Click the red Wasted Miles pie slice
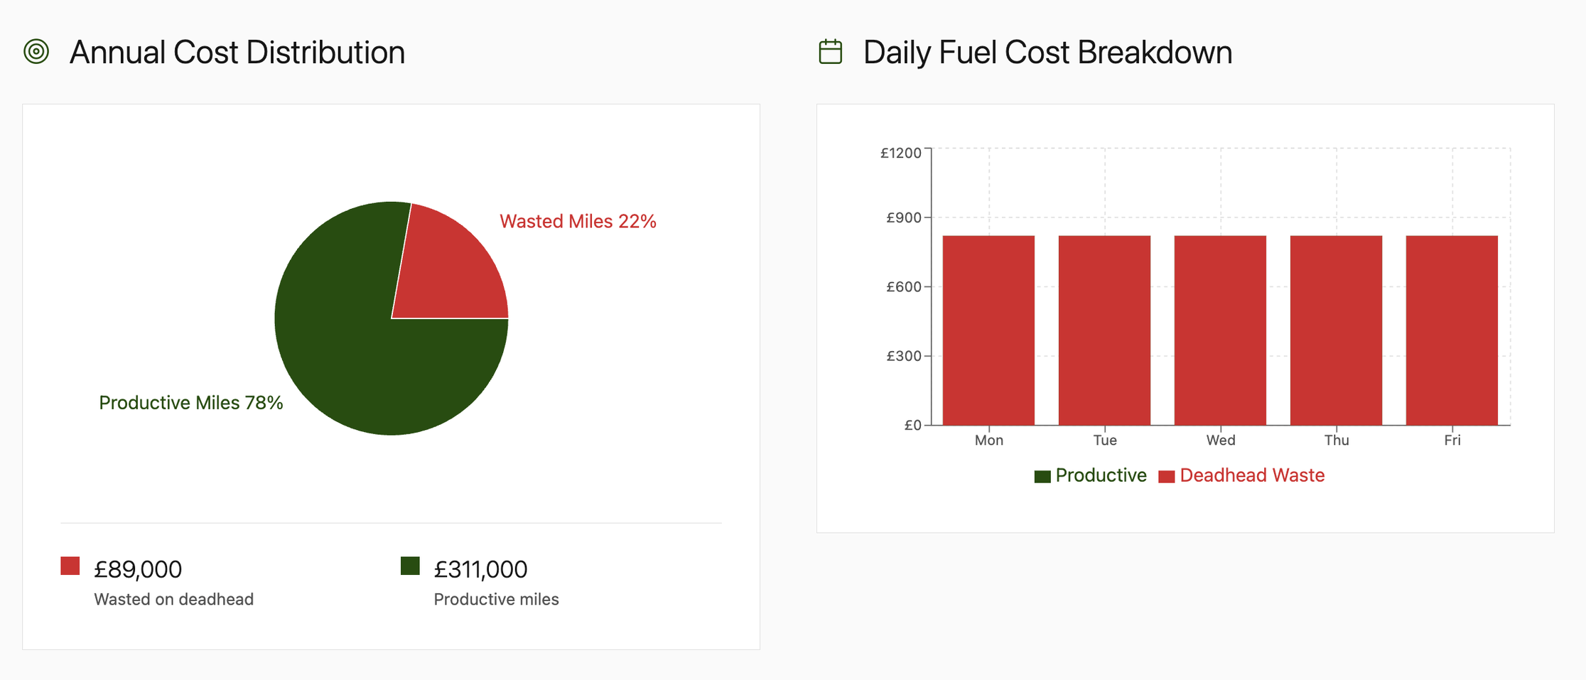(x=448, y=270)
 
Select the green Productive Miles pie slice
(x=355, y=355)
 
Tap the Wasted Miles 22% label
(x=577, y=222)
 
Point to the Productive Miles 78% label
(x=190, y=403)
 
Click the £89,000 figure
(x=138, y=569)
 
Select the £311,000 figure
(x=480, y=569)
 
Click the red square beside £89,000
(x=70, y=566)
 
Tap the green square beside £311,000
(x=410, y=566)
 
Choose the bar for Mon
(x=988, y=330)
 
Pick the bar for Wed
(x=1220, y=330)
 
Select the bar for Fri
(x=1452, y=330)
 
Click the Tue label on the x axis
(x=1104, y=441)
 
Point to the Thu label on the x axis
(x=1336, y=441)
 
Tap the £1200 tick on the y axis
(x=900, y=153)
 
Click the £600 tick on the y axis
(x=903, y=287)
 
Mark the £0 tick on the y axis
(x=912, y=426)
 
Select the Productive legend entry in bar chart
(x=1091, y=475)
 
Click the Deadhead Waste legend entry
(x=1242, y=475)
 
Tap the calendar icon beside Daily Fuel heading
(x=830, y=52)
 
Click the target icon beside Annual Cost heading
(x=36, y=52)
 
